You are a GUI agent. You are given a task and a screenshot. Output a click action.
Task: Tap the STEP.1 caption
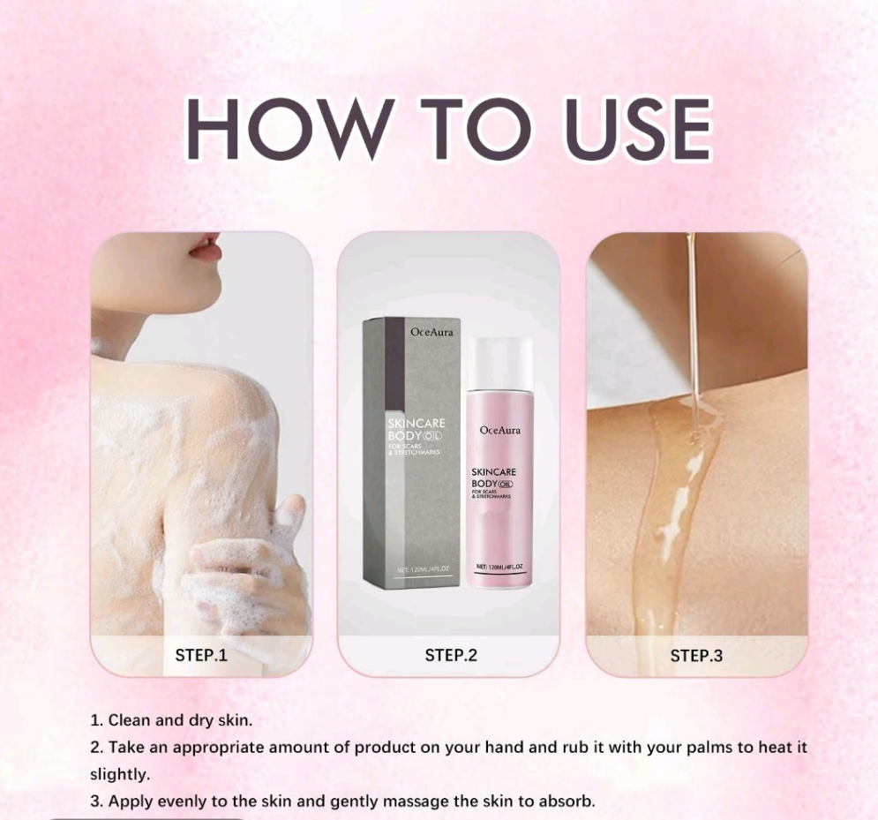[200, 655]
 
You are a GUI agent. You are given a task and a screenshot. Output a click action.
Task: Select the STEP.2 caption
[450, 655]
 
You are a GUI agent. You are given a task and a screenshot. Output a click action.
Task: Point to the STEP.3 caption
[696, 655]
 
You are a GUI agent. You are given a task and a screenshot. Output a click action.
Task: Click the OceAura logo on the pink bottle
[499, 430]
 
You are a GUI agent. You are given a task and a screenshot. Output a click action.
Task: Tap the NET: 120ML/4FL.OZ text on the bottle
[499, 566]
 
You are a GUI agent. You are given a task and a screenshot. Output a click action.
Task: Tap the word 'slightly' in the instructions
[119, 774]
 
